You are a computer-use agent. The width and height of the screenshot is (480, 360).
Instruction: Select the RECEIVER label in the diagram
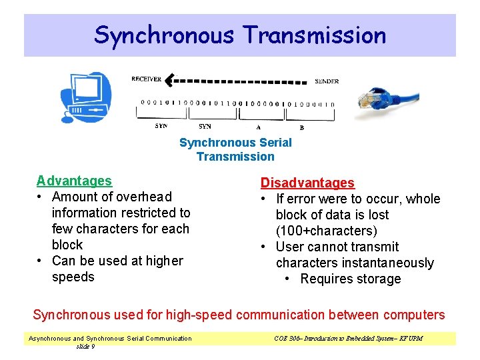[146, 80]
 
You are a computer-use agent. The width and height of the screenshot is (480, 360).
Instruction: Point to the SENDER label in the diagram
[327, 81]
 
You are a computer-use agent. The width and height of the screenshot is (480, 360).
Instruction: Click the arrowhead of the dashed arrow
[170, 81]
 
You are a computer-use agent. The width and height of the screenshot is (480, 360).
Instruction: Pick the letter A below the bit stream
[258, 127]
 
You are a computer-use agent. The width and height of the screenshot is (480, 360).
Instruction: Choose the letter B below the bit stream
[302, 127]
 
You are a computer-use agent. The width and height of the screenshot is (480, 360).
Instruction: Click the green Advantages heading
[74, 181]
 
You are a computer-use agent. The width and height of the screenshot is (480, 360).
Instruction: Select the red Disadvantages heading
[307, 183]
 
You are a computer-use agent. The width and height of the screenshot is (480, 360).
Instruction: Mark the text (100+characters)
[327, 231]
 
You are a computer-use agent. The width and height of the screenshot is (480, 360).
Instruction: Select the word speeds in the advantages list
[73, 277]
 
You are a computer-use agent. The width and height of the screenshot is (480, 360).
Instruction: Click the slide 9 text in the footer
[85, 346]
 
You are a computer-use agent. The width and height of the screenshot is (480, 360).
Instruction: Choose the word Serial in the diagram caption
[275, 142]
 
